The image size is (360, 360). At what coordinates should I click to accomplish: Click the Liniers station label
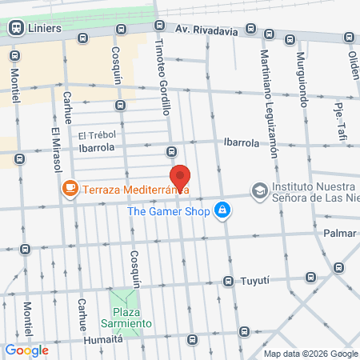(45, 29)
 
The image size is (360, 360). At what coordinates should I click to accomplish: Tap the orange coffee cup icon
(70, 189)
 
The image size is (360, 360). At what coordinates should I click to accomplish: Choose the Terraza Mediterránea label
(126, 189)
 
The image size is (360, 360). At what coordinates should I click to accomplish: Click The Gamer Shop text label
(168, 211)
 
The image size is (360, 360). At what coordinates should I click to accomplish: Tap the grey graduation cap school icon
(259, 190)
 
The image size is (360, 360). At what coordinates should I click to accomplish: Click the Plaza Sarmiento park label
(132, 316)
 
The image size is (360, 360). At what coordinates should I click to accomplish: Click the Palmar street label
(339, 234)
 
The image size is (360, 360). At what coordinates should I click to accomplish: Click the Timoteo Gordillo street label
(161, 78)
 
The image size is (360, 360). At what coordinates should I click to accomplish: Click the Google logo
(27, 350)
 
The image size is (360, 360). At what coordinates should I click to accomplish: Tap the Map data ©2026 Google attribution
(311, 354)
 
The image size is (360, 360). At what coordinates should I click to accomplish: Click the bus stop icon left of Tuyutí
(227, 282)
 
